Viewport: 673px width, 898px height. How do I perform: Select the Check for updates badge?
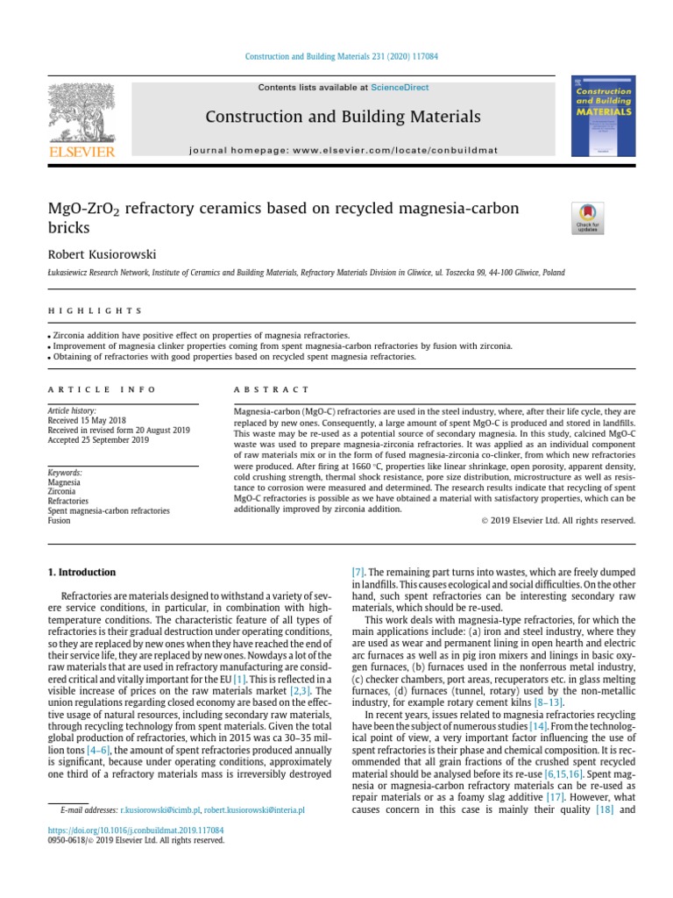(586, 217)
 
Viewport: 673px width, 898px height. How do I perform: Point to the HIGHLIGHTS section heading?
(94, 310)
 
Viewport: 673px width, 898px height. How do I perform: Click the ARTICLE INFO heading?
(101, 389)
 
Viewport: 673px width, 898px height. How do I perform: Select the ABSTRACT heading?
(272, 389)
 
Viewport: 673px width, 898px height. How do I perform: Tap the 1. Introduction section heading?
(81, 573)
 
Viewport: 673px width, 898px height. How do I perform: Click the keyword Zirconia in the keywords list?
(61, 491)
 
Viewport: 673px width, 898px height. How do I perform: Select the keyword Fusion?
(59, 520)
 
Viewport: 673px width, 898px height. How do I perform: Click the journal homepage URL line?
(344, 150)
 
